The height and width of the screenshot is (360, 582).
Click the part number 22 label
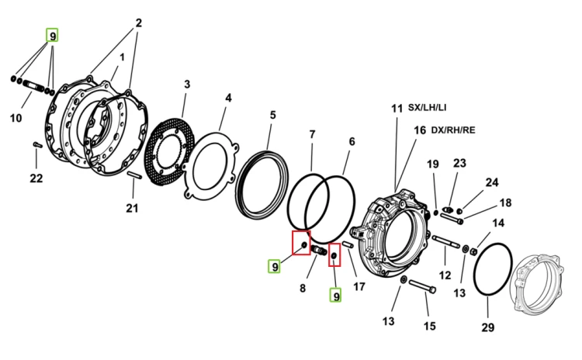(x=36, y=178)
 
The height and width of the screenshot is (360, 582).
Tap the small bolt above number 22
(x=37, y=144)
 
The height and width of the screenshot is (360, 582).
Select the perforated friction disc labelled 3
(x=169, y=152)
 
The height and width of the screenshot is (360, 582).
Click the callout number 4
(x=228, y=98)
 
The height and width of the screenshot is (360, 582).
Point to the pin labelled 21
(x=134, y=175)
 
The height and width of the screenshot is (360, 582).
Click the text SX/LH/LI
(x=428, y=107)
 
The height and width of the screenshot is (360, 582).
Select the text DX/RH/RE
(x=453, y=130)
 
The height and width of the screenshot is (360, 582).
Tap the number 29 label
(x=488, y=327)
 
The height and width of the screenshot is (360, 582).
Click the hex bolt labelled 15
(x=422, y=286)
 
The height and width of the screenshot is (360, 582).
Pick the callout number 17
(x=359, y=286)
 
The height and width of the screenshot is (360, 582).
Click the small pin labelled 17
(x=348, y=245)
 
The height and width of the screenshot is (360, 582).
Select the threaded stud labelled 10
(x=33, y=85)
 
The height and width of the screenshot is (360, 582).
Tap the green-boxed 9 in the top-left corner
(x=52, y=35)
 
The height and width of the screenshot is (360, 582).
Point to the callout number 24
(x=492, y=182)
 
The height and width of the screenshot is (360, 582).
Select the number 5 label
(x=273, y=115)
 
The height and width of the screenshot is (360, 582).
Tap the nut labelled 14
(x=473, y=252)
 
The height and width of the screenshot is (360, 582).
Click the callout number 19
(x=433, y=164)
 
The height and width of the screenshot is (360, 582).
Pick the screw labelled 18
(x=452, y=218)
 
